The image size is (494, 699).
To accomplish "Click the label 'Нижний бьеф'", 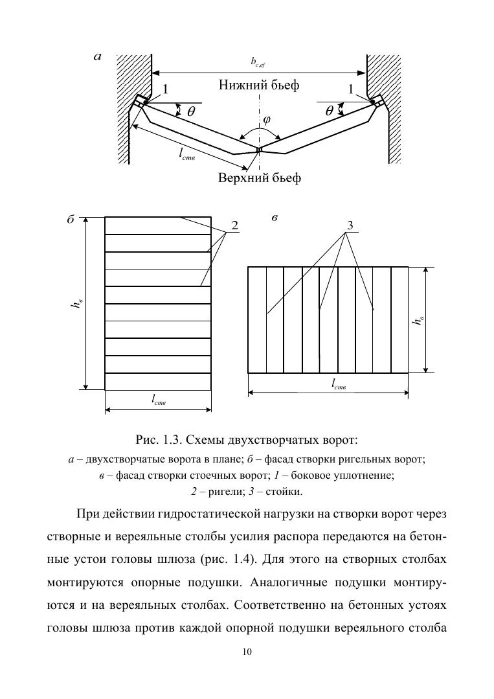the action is click(259, 85).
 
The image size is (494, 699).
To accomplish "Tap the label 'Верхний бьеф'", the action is click(259, 178).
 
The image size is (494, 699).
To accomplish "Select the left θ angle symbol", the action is click(190, 111).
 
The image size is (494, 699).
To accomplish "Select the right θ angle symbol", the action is click(329, 111).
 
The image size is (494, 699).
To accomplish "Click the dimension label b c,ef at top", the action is click(258, 62).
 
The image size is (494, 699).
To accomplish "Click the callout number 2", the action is click(234, 225).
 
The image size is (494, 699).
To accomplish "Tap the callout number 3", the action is click(350, 225).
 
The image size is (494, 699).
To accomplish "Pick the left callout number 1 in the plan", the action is click(165, 89).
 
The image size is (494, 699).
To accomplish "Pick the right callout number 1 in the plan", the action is click(351, 89).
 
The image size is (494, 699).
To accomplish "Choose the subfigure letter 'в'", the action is click(275, 218).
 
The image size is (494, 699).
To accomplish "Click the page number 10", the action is click(247, 652).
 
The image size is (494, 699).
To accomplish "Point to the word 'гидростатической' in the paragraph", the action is click(212, 515).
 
